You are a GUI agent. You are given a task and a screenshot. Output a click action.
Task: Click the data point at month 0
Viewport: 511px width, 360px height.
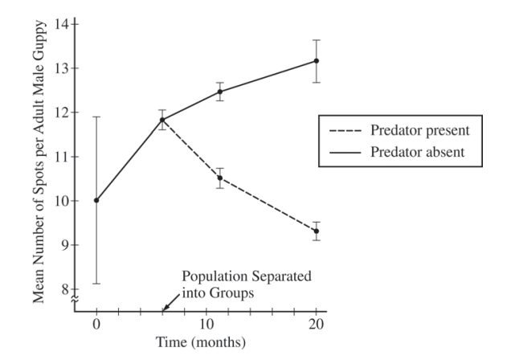tap(96, 200)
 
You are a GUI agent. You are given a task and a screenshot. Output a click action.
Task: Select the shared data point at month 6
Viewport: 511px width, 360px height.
tap(162, 120)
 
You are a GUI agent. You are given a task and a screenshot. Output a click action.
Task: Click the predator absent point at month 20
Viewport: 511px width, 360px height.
tap(317, 61)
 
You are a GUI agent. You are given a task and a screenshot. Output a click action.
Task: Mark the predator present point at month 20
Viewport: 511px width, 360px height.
tap(317, 231)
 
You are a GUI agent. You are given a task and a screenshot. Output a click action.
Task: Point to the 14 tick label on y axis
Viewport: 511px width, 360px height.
tap(62, 23)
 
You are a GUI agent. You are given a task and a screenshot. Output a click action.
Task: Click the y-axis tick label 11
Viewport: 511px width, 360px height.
tap(62, 157)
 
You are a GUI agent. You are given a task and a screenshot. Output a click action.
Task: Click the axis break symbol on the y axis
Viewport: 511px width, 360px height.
tap(76, 299)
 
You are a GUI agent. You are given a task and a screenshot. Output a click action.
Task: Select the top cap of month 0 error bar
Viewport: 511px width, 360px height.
tap(96, 117)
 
